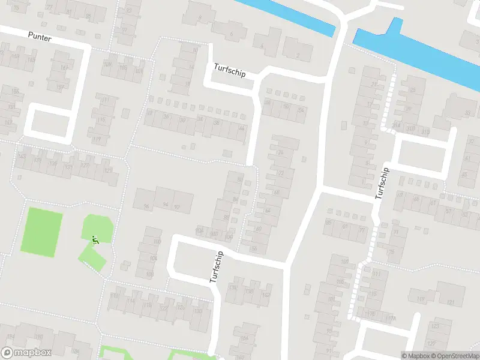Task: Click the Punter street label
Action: click(x=40, y=37)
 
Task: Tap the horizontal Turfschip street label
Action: click(x=229, y=69)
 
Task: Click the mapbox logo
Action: click(x=26, y=353)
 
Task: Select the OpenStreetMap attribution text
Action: click(x=455, y=356)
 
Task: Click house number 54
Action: click(x=301, y=110)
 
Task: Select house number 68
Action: click(x=277, y=193)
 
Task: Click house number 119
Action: click(x=97, y=139)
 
